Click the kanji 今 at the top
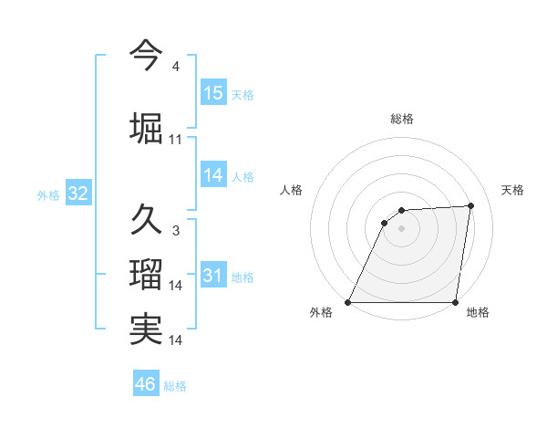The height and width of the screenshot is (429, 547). (x=146, y=55)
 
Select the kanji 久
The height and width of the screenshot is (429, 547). (x=146, y=219)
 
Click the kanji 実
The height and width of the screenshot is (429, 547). (x=146, y=330)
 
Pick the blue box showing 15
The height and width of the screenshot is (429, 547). (x=213, y=92)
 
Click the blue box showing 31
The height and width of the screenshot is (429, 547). (x=213, y=276)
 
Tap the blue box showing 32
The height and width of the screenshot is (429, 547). (x=77, y=194)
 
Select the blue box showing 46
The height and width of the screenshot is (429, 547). (x=146, y=384)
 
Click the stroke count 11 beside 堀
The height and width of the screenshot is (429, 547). (x=176, y=139)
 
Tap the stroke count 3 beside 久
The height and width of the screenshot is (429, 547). (x=176, y=230)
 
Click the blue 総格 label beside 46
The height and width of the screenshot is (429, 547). (x=175, y=386)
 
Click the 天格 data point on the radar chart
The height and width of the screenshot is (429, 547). (x=470, y=205)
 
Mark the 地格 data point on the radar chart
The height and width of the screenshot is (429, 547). (x=455, y=302)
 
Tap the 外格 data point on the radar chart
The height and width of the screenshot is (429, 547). (x=348, y=302)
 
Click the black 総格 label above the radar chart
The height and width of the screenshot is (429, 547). (x=402, y=119)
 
